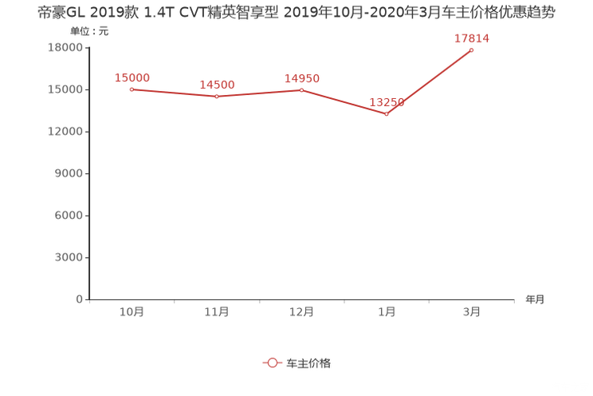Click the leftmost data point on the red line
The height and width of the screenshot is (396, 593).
pos(131,89)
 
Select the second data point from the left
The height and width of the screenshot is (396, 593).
pos(216,96)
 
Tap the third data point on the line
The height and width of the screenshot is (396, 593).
pos(301,89)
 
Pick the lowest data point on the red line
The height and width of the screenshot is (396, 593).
pos(387,114)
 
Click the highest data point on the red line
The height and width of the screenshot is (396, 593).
pos(472,50)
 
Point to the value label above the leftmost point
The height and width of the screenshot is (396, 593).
pos(132,77)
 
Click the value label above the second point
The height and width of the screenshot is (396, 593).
pos(216,84)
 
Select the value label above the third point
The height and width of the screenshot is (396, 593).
pos(302,77)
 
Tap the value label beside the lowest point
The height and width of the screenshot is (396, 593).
pos(387,102)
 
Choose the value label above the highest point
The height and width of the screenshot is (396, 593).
pos(472,38)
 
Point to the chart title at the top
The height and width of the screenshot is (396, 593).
pos(296,14)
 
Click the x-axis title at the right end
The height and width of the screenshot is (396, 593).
pos(535,300)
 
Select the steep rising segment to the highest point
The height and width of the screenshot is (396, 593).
pos(430,81)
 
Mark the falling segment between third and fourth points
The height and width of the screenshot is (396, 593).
pos(344,102)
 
